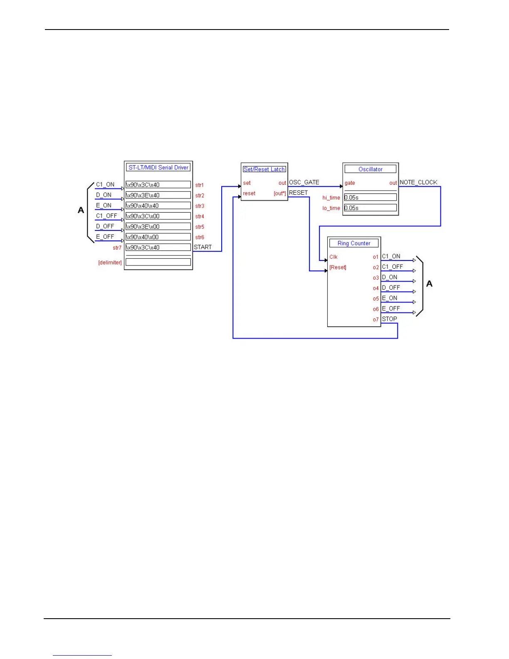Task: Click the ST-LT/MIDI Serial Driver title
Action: coord(158,167)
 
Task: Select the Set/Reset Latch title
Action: coord(264,169)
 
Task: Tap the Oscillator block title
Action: coord(370,169)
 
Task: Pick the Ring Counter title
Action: coord(354,243)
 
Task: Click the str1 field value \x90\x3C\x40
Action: coord(158,185)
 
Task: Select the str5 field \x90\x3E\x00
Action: coord(158,227)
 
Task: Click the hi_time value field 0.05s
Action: coord(370,198)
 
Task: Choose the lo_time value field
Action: coord(370,208)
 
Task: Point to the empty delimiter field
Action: coord(158,262)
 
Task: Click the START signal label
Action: coord(203,247)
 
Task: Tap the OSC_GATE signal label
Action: coord(304,182)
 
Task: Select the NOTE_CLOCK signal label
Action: coord(418,182)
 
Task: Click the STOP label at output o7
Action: coord(390,319)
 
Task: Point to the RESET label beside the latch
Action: coord(298,193)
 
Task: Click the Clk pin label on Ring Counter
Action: coord(334,257)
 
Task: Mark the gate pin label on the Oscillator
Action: coord(350,183)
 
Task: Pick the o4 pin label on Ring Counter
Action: coord(376,288)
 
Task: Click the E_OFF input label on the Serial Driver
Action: coord(105,237)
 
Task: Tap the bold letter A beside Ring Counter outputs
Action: coord(430,284)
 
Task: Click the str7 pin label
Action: coord(117,248)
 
